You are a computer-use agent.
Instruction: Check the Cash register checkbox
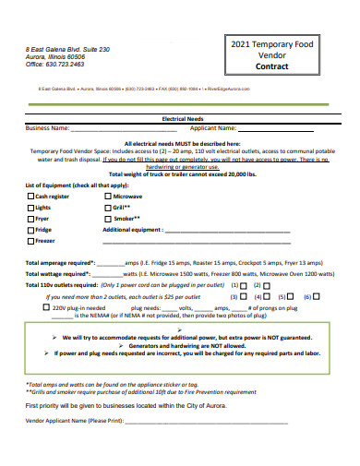pyautogui.click(x=30, y=197)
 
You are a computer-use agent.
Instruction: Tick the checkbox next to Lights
pyautogui.click(x=30, y=208)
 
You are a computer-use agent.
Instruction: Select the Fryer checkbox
pyautogui.click(x=30, y=219)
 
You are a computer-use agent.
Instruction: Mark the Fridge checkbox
pyautogui.click(x=30, y=230)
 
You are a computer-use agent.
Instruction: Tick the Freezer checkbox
pyautogui.click(x=30, y=241)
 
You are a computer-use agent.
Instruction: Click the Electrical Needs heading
pyautogui.click(x=180, y=120)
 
